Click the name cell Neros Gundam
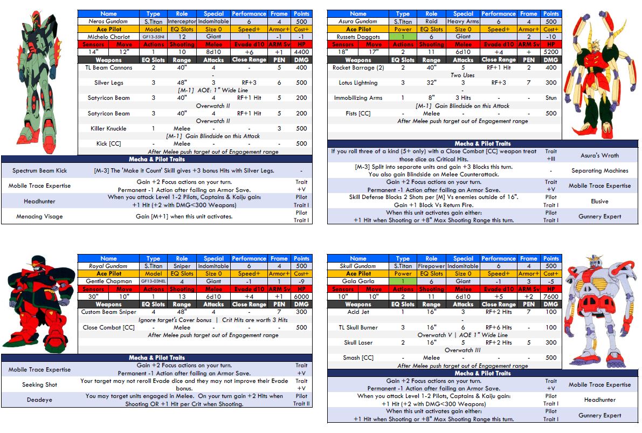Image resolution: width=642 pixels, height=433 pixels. click(x=108, y=22)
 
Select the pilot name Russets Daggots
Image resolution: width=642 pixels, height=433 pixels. click(x=358, y=37)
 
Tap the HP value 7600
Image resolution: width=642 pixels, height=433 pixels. click(x=551, y=297)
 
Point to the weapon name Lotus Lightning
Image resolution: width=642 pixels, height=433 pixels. click(x=358, y=83)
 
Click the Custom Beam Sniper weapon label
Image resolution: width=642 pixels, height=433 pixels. click(x=108, y=312)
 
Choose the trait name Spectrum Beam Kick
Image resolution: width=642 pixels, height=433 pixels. click(x=39, y=171)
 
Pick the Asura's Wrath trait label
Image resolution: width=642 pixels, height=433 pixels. click(x=599, y=155)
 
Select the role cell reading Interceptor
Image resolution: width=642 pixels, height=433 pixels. click(x=182, y=22)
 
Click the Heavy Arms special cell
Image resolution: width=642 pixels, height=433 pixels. click(x=463, y=22)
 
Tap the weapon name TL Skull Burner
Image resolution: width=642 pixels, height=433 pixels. click(x=358, y=327)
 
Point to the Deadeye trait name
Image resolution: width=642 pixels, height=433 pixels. click(x=39, y=400)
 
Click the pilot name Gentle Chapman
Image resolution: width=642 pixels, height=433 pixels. click(x=108, y=281)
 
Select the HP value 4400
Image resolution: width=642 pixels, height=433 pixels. click(x=301, y=52)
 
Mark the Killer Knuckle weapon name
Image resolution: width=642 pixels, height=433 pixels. click(x=108, y=129)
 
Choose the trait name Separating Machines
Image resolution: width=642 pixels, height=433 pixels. click(x=599, y=171)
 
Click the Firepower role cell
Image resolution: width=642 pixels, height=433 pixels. click(x=431, y=266)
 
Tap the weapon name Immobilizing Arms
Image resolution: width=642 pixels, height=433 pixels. click(x=358, y=98)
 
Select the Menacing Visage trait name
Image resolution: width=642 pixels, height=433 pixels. click(x=39, y=217)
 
